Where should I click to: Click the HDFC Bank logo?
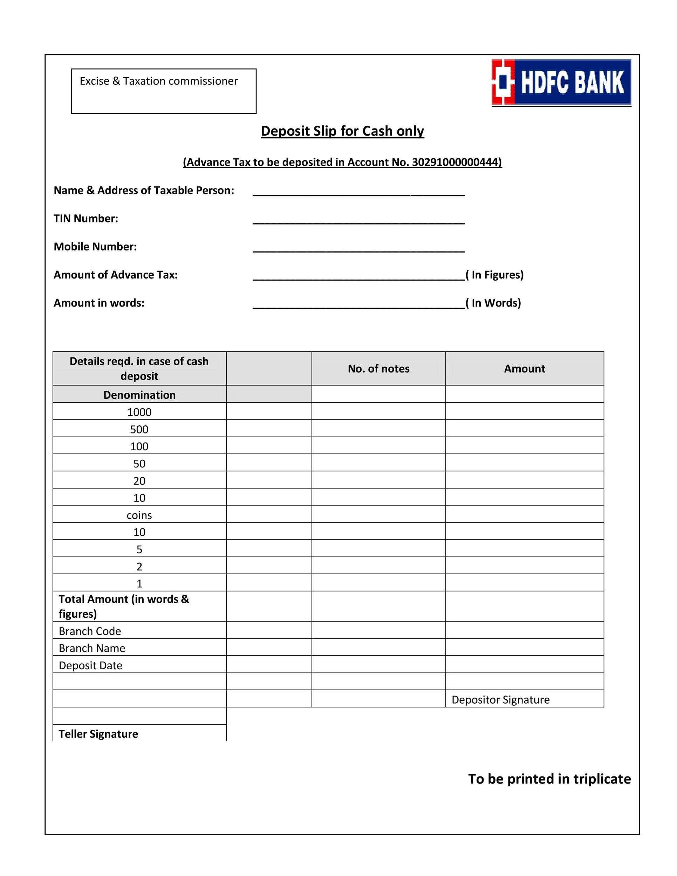561,82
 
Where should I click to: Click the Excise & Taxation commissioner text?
158,81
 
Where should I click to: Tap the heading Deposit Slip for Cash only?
342,131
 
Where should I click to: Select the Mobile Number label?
95,246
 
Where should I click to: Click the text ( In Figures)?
494,275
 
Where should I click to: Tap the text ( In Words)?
493,303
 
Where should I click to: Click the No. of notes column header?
378,369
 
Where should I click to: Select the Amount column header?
524,369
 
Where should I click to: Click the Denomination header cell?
139,395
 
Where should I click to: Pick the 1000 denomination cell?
139,412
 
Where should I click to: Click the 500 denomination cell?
139,429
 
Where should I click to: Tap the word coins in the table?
139,515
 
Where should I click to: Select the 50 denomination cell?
139,464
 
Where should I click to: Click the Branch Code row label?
90,631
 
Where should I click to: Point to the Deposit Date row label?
90,665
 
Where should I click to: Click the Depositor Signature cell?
500,699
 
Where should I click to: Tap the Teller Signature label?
98,734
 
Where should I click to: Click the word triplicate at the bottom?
602,779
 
